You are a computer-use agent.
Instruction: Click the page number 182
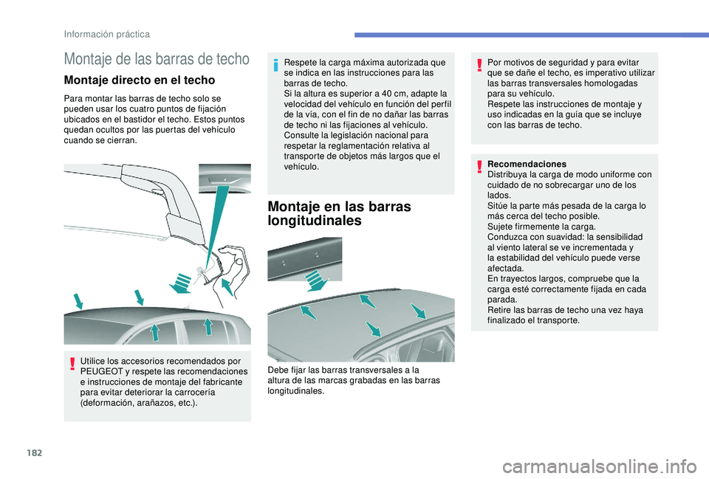[x=35, y=452]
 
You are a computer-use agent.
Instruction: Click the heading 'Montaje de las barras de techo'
[x=157, y=59]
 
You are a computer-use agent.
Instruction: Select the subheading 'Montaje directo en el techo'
[x=140, y=80]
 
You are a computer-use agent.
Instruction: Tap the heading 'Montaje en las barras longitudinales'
[x=339, y=213]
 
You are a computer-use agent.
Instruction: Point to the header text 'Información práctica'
[x=106, y=35]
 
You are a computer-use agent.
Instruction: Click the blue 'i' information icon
[x=275, y=66]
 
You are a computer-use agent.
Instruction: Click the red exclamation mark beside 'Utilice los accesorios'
[x=72, y=364]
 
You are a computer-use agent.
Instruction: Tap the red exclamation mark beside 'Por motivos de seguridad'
[x=479, y=66]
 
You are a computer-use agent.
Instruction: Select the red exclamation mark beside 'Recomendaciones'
[x=479, y=167]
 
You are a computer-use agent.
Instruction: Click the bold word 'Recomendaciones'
[x=527, y=164]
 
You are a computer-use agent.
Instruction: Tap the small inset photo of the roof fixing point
[x=225, y=179]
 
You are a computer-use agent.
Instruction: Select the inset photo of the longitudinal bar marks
[x=305, y=259]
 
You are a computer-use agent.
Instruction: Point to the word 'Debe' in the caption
[x=277, y=370]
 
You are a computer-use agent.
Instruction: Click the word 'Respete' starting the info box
[x=298, y=63]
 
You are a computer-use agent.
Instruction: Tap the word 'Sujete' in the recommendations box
[x=499, y=227]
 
